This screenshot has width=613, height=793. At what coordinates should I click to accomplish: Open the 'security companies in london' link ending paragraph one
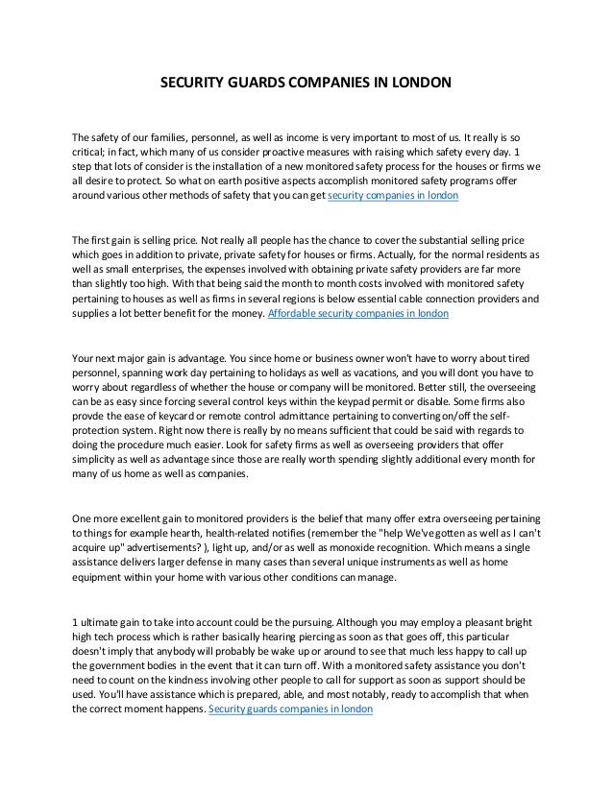coord(393,195)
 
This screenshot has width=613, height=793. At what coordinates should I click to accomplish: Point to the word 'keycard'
coord(193,422)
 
